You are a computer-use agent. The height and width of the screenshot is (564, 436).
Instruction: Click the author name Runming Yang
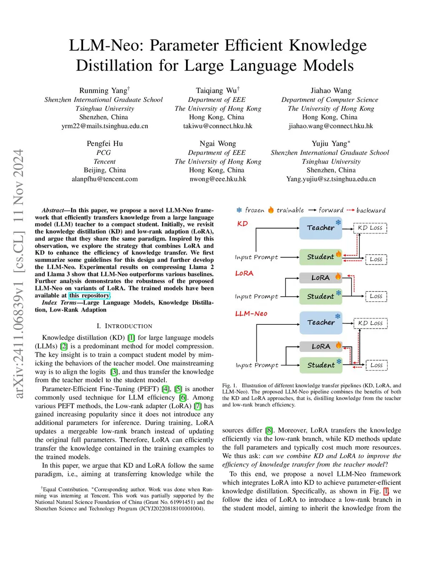click(x=103, y=91)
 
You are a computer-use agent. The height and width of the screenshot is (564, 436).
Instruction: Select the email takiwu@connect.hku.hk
click(x=218, y=126)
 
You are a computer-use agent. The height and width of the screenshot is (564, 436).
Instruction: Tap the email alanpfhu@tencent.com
click(x=105, y=179)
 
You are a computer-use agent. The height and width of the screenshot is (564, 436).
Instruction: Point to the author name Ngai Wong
click(x=218, y=144)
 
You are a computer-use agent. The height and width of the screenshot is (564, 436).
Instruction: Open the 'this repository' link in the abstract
click(x=89, y=295)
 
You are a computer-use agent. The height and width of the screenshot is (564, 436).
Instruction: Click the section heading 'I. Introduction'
click(x=124, y=326)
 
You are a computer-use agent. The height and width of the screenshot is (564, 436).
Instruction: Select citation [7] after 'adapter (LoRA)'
click(x=198, y=406)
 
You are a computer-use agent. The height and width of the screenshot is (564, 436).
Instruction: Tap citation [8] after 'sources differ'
click(x=270, y=430)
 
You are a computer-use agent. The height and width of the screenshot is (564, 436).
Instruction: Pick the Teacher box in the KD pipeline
click(x=321, y=228)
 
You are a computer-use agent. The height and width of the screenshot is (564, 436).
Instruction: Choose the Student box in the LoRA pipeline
click(x=321, y=296)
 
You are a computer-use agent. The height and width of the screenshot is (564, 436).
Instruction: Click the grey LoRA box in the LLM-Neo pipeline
click(x=321, y=346)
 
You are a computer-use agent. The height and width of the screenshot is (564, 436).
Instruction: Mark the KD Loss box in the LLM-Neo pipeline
click(x=370, y=323)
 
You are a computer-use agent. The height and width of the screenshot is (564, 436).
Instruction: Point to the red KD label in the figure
click(x=242, y=224)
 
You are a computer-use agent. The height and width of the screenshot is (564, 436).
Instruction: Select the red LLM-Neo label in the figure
click(x=251, y=314)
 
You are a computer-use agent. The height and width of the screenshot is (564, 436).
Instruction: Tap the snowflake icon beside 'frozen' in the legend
click(x=239, y=210)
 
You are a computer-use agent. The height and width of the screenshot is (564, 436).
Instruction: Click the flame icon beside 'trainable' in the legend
click(x=271, y=210)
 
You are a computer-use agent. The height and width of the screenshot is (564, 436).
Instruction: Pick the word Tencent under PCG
click(x=104, y=162)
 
